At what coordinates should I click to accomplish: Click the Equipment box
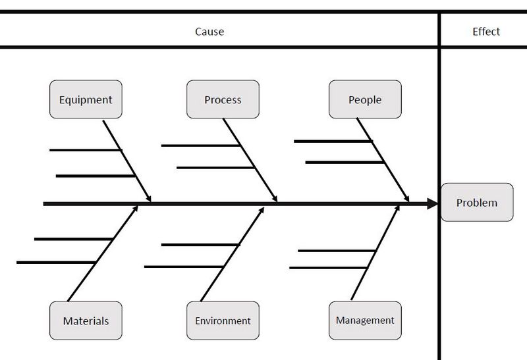[86, 99]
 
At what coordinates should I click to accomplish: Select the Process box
[223, 99]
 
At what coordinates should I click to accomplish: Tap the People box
[365, 99]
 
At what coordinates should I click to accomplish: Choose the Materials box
[86, 321]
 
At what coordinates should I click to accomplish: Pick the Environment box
[223, 321]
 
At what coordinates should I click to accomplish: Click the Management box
[365, 321]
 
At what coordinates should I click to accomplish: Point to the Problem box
[477, 202]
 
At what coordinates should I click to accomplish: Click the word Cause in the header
[209, 32]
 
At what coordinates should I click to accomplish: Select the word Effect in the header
[486, 32]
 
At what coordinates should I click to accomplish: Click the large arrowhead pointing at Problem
[432, 203]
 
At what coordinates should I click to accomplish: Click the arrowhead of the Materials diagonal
[135, 209]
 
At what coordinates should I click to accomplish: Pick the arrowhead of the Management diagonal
[397, 209]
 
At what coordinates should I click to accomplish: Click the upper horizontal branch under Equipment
[86, 150]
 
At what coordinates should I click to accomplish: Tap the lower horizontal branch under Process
[215, 167]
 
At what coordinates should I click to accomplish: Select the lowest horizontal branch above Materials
[56, 263]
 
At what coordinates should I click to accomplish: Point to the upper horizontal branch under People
[333, 141]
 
